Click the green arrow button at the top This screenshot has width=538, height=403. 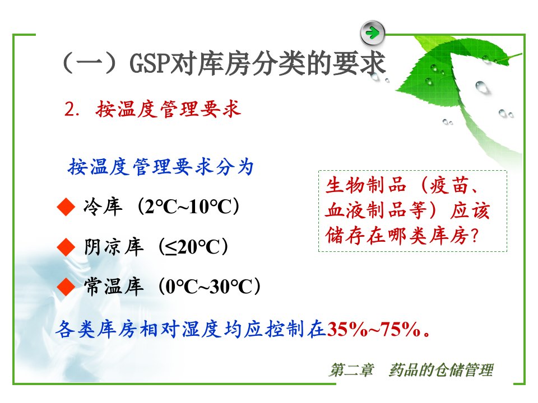(373, 33)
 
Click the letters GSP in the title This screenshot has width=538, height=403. (150, 64)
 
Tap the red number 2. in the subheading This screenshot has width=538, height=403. (72, 109)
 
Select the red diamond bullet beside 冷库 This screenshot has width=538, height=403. (66, 207)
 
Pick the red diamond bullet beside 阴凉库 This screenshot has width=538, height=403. (66, 247)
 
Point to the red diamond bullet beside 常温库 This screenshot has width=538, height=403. (66, 287)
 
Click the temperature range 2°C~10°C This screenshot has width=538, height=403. (188, 207)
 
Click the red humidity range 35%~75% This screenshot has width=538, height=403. (374, 329)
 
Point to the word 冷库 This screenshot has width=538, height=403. (103, 207)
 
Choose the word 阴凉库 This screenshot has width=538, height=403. (114, 247)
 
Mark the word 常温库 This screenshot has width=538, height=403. (114, 287)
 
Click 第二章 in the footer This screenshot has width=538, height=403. (352, 370)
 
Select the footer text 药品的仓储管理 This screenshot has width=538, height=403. (441, 370)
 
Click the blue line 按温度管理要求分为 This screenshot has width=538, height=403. (161, 167)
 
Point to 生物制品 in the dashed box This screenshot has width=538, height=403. (366, 186)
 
